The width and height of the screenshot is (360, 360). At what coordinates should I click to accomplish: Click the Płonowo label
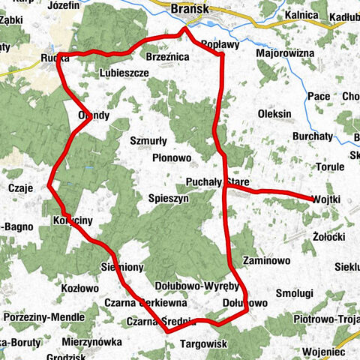pyautogui.click(x=172, y=157)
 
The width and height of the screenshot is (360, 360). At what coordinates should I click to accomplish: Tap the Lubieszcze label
pyautogui.click(x=124, y=73)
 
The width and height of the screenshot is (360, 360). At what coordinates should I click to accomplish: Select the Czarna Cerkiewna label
pyautogui.click(x=146, y=302)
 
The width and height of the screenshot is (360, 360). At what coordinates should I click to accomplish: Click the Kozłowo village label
pyautogui.click(x=80, y=287)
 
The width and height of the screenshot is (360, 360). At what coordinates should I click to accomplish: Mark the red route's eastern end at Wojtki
pyautogui.click(x=311, y=199)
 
